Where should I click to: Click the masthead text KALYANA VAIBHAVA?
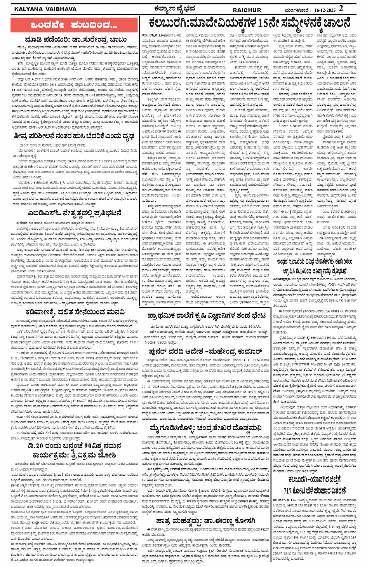[x=45, y=9]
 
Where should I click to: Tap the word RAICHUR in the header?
[x=247, y=10]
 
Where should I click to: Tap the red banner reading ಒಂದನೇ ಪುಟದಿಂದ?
[x=74, y=25]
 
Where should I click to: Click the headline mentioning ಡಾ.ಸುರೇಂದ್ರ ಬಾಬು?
[x=76, y=40]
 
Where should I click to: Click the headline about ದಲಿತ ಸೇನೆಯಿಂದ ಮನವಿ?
[x=75, y=312]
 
